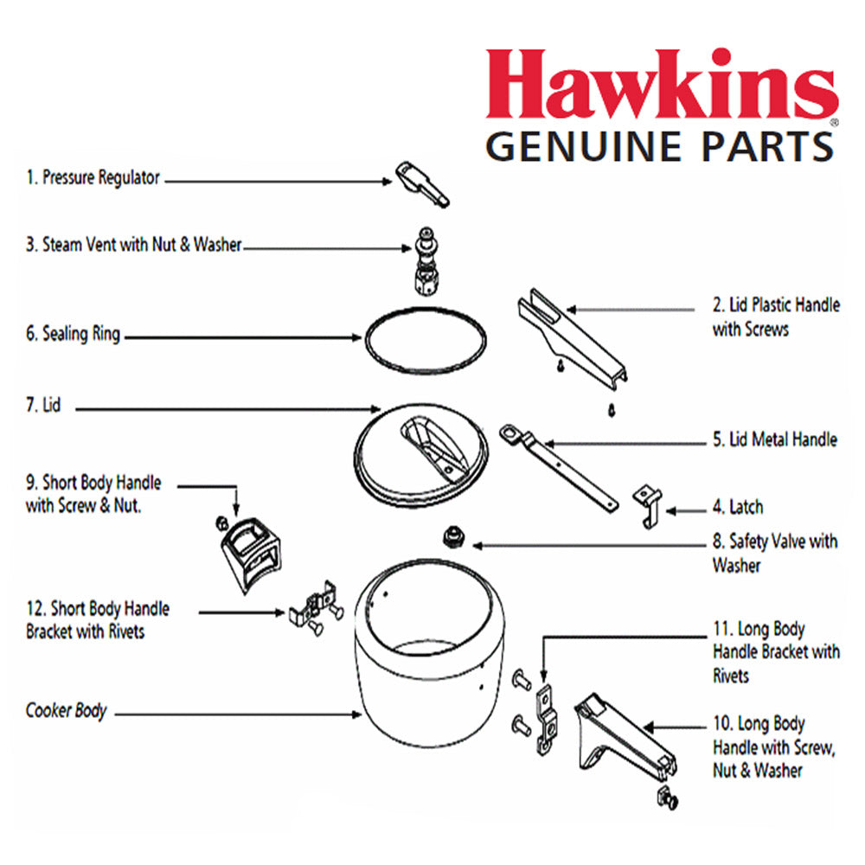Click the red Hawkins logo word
point(661,86)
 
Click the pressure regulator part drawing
point(421,182)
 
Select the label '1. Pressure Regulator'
point(93,178)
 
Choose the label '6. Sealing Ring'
point(73,334)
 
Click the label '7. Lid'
point(43,405)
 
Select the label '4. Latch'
point(738,507)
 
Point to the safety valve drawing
point(451,537)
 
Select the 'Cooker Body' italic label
point(66,711)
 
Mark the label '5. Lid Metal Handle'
point(775,440)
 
